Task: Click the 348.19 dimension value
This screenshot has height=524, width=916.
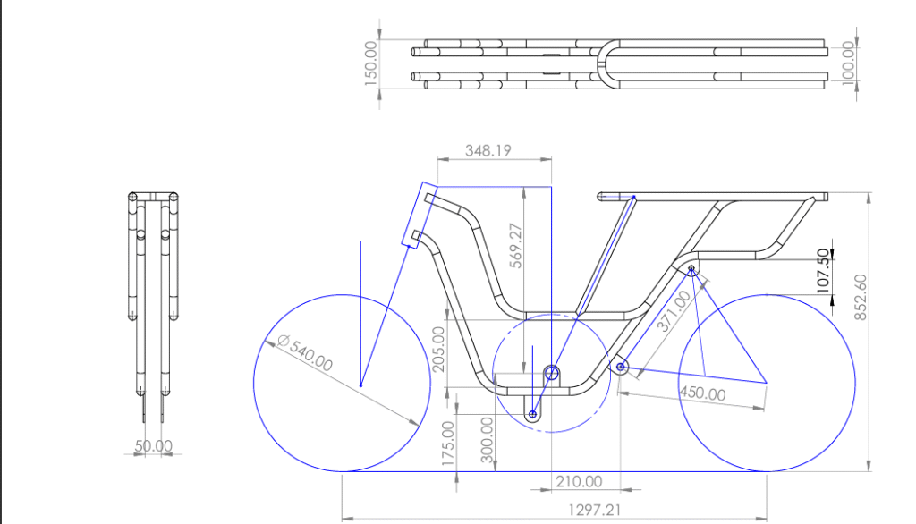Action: pyautogui.click(x=488, y=151)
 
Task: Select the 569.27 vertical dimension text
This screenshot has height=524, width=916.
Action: pyautogui.click(x=515, y=245)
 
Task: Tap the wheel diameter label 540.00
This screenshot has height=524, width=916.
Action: pyautogui.click(x=305, y=352)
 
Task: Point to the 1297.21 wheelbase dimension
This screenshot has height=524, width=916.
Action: pyautogui.click(x=594, y=510)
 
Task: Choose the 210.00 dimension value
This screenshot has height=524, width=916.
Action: pyautogui.click(x=579, y=481)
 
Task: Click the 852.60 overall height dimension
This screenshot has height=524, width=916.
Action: pyautogui.click(x=861, y=297)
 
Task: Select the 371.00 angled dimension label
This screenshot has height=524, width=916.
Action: pyautogui.click(x=674, y=311)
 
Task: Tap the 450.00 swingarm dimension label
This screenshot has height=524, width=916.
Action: pyautogui.click(x=703, y=393)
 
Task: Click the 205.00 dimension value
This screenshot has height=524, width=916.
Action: pyautogui.click(x=438, y=350)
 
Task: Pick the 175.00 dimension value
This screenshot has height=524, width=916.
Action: pyautogui.click(x=448, y=444)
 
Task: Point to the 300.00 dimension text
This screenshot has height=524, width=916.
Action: pyautogui.click(x=488, y=440)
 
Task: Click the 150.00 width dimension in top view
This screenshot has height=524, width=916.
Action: pyautogui.click(x=371, y=63)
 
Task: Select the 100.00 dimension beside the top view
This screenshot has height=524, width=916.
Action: pyautogui.click(x=849, y=63)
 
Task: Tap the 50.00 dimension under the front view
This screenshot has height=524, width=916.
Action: pyautogui.click(x=153, y=445)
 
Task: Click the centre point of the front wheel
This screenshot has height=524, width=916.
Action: pyautogui.click(x=361, y=385)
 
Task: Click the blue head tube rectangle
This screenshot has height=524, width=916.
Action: pyautogui.click(x=420, y=215)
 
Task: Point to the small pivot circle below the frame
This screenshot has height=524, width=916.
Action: pyautogui.click(x=532, y=415)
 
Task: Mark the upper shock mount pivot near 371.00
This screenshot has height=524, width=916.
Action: pyautogui.click(x=691, y=269)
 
